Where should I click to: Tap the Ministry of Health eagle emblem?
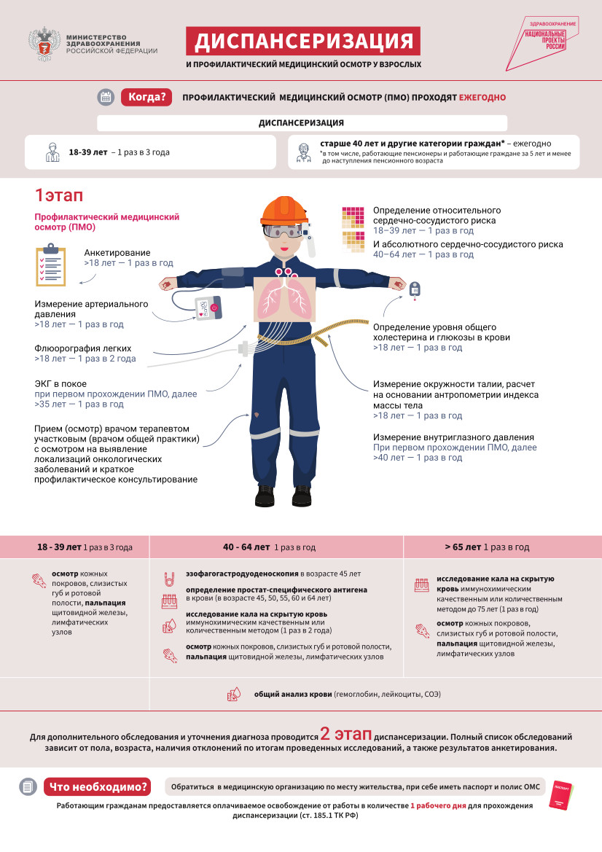point(44,44)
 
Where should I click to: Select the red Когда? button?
point(146,97)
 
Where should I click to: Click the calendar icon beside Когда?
point(106,97)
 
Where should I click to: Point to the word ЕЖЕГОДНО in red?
point(482,97)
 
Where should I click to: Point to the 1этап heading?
point(59,195)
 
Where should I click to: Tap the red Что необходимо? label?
point(97,786)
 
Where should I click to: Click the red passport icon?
point(563,792)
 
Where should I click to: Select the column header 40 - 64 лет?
point(246,547)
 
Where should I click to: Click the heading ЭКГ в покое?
point(60,383)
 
